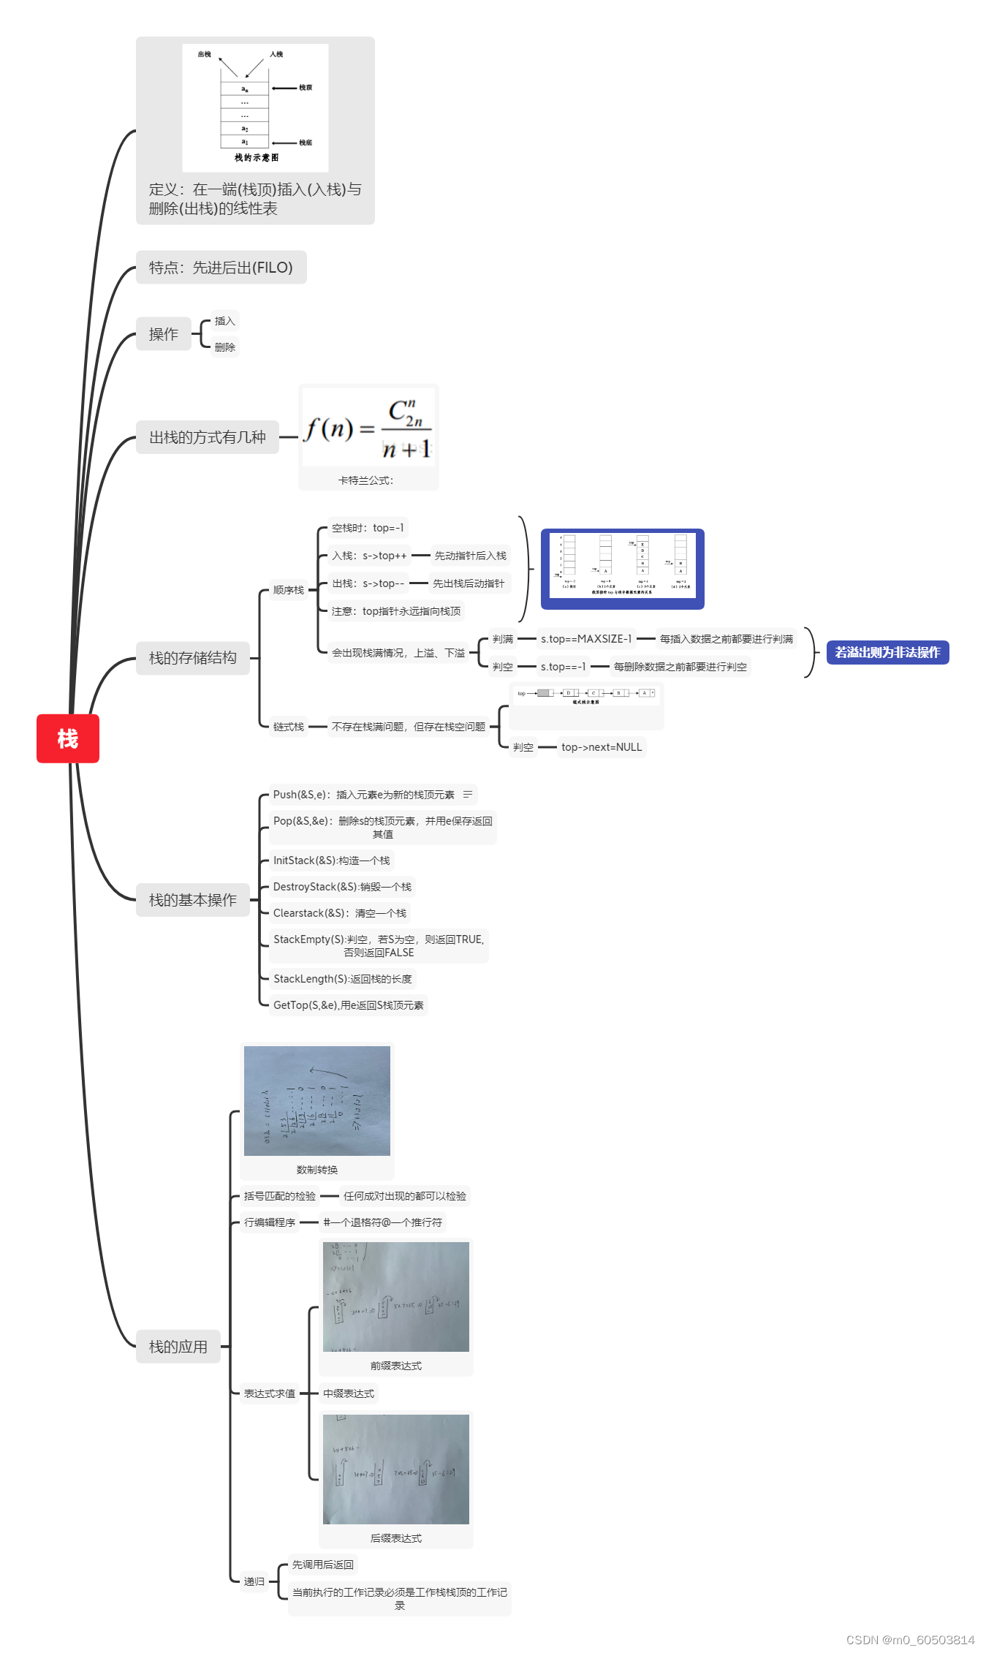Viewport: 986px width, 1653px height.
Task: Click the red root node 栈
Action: point(68,738)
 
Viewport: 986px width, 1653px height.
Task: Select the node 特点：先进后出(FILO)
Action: point(221,268)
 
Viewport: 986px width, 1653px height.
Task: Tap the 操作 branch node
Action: point(164,334)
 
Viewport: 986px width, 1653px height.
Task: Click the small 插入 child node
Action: point(224,321)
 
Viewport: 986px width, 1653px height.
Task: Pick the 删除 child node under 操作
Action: point(224,347)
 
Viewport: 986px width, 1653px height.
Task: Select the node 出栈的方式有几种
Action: point(208,437)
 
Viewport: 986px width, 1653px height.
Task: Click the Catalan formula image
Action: point(368,428)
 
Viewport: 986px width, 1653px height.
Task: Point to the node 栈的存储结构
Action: point(193,658)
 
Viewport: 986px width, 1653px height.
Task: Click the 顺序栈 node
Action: point(288,590)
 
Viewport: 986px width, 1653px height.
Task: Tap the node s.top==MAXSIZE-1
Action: point(586,639)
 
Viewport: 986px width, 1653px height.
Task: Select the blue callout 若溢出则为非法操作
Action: point(887,652)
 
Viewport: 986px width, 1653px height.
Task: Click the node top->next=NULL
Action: point(602,747)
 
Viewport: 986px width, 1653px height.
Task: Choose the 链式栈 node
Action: point(288,727)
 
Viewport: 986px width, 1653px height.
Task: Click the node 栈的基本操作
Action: point(193,900)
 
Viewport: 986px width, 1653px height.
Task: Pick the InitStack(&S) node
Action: point(331,860)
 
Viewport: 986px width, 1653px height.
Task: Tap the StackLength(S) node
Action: point(342,979)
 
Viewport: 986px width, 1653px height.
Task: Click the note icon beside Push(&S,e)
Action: point(468,794)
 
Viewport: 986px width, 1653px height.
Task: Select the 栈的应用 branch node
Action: point(178,1347)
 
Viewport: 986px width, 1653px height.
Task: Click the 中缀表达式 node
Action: point(349,1393)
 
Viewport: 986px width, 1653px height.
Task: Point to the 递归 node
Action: point(254,1581)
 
